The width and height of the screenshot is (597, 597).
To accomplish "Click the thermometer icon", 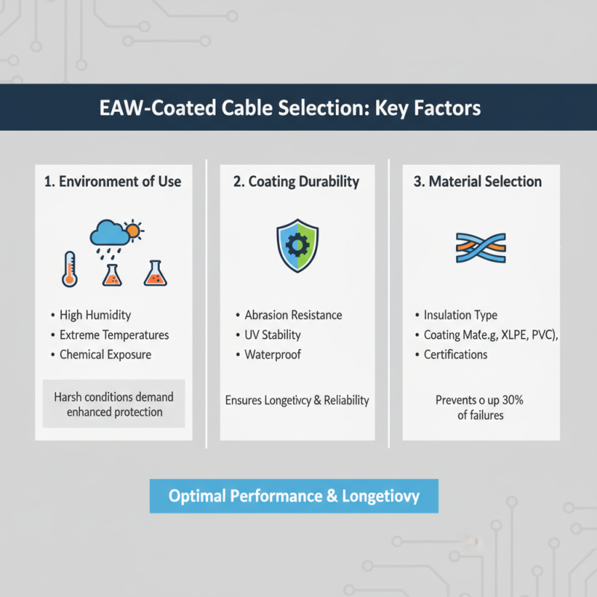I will (x=69, y=269).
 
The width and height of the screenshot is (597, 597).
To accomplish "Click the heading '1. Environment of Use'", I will (x=113, y=181).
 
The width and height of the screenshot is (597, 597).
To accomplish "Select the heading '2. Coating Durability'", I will (x=296, y=181).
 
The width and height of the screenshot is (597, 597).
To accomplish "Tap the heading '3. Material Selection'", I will (x=478, y=181).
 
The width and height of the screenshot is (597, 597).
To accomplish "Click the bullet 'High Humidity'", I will (x=95, y=316).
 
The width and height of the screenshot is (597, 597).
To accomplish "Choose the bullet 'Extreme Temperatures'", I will (x=114, y=335).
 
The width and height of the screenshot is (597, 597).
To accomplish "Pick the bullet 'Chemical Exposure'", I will (x=105, y=354).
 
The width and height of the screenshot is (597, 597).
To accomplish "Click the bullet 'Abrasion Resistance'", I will (x=293, y=316).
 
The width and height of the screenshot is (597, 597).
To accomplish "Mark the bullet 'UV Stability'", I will (x=272, y=335).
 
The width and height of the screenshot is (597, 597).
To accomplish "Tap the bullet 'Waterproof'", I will (x=272, y=354).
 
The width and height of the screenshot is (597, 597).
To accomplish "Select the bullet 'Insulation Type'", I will (x=460, y=316).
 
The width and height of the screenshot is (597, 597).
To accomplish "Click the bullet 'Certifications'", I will (x=455, y=354).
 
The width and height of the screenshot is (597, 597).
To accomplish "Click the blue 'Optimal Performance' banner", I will (x=294, y=496).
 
